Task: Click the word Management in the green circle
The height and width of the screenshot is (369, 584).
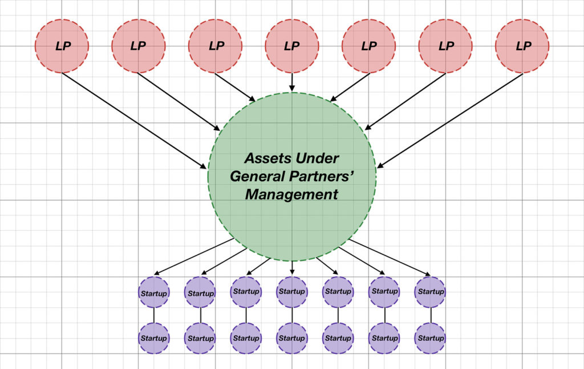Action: [x=291, y=194]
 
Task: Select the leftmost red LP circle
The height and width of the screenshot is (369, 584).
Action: [x=62, y=46]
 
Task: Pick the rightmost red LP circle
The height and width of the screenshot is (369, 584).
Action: [x=522, y=46]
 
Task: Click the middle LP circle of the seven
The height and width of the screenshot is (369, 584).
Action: [x=292, y=46]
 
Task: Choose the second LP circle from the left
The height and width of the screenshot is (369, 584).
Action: [x=139, y=46]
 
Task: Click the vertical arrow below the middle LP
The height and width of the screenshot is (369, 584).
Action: [x=292, y=82]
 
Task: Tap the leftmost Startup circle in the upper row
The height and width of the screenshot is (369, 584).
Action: [x=154, y=293]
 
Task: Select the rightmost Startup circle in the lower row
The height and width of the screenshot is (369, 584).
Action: [x=431, y=338]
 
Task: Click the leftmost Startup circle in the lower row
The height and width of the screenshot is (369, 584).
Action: [x=154, y=338]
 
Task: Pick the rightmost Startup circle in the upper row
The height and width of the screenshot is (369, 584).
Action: [x=431, y=291]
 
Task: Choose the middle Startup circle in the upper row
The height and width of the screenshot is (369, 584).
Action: [x=292, y=291]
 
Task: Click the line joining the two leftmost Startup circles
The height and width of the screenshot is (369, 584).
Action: [x=154, y=315]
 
